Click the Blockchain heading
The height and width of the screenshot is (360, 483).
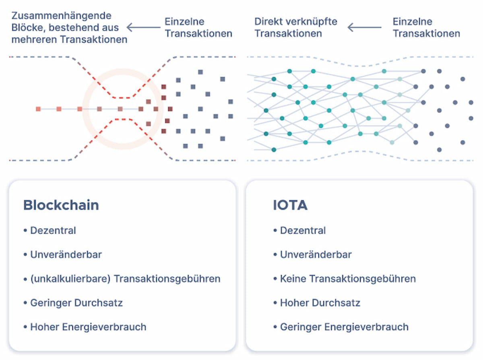(x=61, y=205)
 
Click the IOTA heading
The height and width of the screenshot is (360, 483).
(x=290, y=205)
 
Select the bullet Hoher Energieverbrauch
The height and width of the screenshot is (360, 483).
(x=88, y=327)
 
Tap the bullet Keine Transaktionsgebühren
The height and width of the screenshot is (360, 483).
(x=348, y=278)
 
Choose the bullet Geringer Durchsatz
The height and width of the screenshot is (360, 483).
(x=76, y=302)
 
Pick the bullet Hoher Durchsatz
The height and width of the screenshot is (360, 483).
(x=320, y=302)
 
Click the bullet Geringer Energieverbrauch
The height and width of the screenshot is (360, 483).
(x=344, y=327)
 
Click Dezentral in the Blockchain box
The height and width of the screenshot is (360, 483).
(x=53, y=230)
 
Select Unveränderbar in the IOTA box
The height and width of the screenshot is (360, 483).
(x=316, y=255)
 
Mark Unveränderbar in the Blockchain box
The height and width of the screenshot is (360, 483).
(x=66, y=255)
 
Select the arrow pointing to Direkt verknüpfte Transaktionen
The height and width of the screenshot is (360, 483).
(x=364, y=27)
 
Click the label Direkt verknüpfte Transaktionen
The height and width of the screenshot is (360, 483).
(x=296, y=27)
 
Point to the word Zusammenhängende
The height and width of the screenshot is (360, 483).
(x=61, y=16)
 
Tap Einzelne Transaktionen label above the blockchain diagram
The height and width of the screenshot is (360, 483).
(x=198, y=27)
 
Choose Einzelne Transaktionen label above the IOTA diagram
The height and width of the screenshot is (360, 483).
(x=426, y=27)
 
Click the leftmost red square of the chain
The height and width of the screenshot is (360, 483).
(x=38, y=109)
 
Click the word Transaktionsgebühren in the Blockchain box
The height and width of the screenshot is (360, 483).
(x=167, y=278)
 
